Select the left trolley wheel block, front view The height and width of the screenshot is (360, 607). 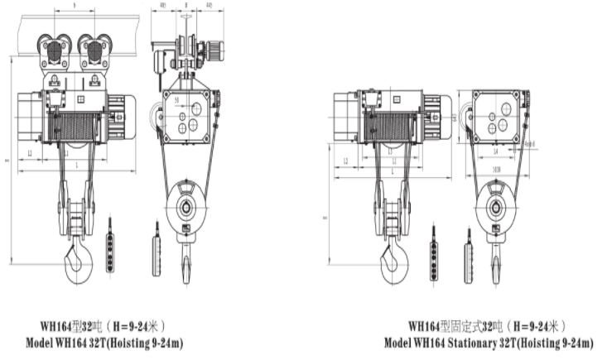tap(56, 51)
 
